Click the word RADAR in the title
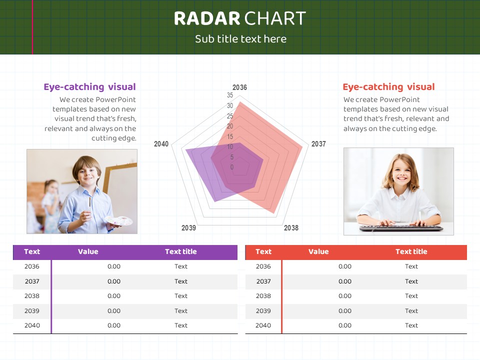coord(207,18)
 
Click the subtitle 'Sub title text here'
coord(240,39)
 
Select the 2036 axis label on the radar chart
coord(239,87)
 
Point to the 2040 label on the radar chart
coord(161,144)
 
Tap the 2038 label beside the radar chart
coord(291,228)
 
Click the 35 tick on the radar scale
coord(230,95)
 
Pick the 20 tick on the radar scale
coord(230,126)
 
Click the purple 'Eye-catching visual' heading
coord(89,87)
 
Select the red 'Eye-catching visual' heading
coord(388,87)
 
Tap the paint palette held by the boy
coord(119,220)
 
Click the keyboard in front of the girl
coord(401,228)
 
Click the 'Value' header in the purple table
coord(88,251)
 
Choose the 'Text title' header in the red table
coord(411,251)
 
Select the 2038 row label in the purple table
coord(32,296)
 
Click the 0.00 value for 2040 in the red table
coord(345,325)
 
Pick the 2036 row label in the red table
coord(263,266)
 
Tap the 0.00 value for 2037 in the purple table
coord(114,281)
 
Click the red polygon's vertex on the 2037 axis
coord(302,147)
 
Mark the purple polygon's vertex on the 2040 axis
coord(186,149)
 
